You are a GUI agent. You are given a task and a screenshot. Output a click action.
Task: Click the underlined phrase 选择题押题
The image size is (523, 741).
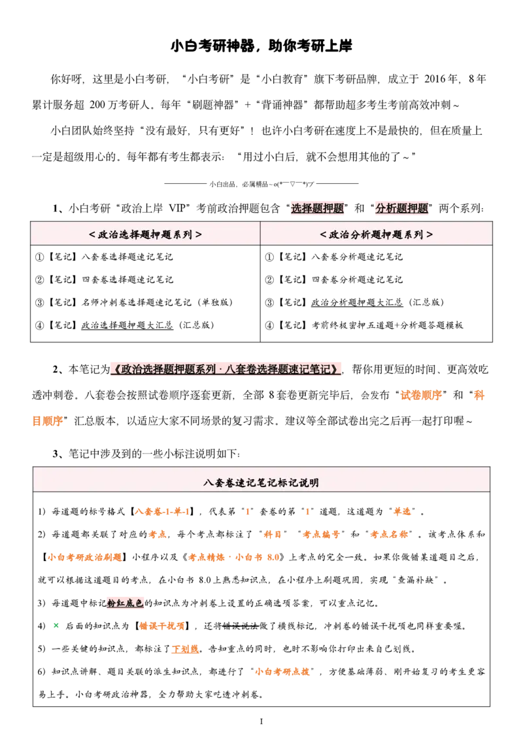317,209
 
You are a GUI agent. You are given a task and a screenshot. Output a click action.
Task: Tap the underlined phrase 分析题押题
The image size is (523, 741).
401,209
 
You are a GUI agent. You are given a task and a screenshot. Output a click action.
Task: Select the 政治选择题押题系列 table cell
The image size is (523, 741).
145,234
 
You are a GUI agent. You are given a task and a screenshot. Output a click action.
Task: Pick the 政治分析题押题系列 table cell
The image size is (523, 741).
377,234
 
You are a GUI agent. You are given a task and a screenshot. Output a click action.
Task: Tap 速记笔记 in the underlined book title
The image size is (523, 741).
312,369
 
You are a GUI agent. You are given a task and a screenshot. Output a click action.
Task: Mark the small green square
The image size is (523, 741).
57,624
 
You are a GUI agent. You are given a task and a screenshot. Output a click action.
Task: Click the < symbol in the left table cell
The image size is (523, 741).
92,234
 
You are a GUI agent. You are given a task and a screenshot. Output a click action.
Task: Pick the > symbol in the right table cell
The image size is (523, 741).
430,234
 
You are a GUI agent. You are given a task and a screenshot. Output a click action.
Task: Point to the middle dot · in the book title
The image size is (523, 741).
221,369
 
